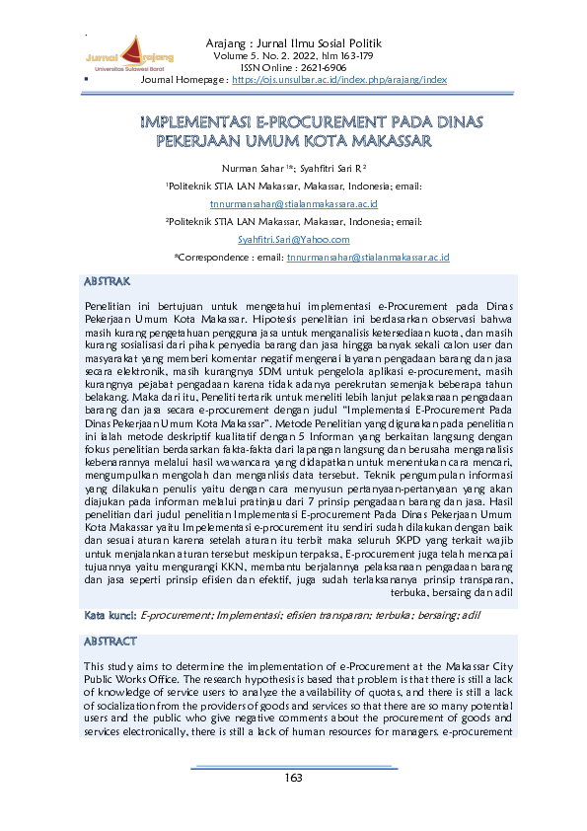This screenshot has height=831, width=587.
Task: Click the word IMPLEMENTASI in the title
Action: [196, 123]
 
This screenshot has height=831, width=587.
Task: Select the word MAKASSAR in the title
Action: [387, 141]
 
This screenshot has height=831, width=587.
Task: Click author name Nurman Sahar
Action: [254, 169]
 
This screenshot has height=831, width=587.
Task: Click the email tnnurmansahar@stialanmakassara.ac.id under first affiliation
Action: [293, 203]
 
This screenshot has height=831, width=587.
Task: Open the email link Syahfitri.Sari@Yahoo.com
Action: [293, 239]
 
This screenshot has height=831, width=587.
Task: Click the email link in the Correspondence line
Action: [367, 257]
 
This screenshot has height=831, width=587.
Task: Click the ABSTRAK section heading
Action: [108, 281]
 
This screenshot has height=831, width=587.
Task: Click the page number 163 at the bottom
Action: [293, 778]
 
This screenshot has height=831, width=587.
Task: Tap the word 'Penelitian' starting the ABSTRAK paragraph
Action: [110, 307]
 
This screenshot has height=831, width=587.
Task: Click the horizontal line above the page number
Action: [293, 766]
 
